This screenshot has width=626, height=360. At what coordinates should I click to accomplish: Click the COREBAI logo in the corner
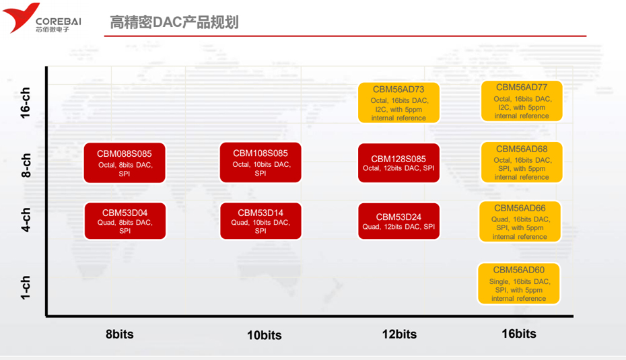tap(42, 18)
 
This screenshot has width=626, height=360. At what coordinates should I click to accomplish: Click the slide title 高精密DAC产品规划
tap(174, 22)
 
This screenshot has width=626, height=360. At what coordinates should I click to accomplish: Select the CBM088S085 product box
tap(125, 163)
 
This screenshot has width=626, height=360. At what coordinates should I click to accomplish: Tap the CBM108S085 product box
tap(260, 163)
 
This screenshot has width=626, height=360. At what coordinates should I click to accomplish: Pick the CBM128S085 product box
tap(398, 163)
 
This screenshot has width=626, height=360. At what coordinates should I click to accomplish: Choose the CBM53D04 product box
tap(125, 221)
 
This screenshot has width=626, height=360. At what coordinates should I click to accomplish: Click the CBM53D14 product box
tap(260, 221)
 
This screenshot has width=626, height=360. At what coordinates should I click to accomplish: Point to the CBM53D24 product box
tap(398, 221)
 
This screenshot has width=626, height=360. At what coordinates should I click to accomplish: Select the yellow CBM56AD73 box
tap(398, 103)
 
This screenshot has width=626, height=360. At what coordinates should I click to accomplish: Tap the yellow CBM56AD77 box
tap(522, 102)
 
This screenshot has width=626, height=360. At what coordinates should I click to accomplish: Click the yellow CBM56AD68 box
tap(522, 163)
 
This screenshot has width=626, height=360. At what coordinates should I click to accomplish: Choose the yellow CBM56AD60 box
tap(519, 283)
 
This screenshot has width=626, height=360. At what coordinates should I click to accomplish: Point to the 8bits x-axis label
tap(120, 334)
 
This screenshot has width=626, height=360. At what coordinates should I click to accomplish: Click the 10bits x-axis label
tap(263, 335)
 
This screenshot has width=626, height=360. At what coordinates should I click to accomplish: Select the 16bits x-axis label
tap(519, 333)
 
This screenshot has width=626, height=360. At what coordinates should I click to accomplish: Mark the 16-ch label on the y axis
tap(26, 102)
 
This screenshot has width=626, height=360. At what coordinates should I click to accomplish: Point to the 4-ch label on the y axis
tap(26, 220)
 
